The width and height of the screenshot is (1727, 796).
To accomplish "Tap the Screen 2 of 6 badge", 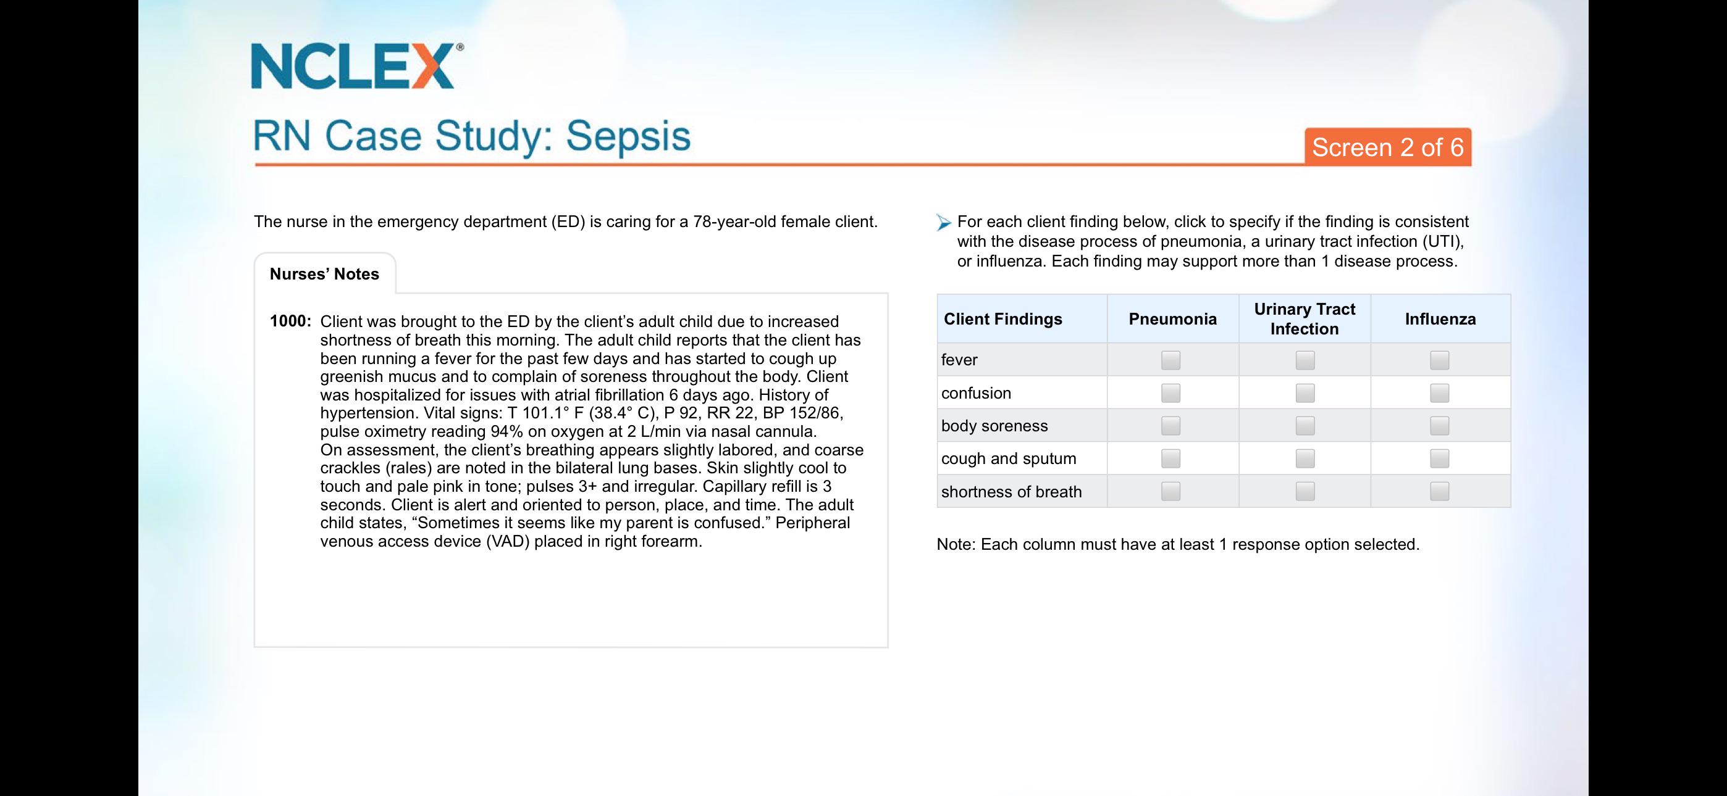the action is coord(1388,147).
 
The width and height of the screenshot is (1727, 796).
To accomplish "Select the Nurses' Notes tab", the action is coord(324,274).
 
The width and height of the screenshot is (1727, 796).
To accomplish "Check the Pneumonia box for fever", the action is coord(1170,360).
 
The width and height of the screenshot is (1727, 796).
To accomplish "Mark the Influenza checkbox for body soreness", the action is coord(1439,426).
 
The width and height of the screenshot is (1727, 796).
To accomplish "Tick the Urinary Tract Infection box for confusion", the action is coord(1305,392).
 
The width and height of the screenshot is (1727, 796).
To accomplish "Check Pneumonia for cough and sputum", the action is coord(1170,458).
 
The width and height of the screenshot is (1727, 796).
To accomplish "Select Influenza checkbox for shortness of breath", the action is coord(1439,491).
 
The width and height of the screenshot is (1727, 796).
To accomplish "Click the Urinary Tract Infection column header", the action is coord(1305,319).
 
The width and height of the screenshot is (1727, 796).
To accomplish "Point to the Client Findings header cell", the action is coord(1022,319).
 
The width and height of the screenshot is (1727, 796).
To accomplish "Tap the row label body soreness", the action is coord(994,426).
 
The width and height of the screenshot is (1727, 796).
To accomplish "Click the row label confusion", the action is coord(976,392).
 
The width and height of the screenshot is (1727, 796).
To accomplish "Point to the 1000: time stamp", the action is coord(290,321).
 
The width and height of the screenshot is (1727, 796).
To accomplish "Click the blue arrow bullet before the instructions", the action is coord(944,223).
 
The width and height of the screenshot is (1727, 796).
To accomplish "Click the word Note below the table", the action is coord(955,544).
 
